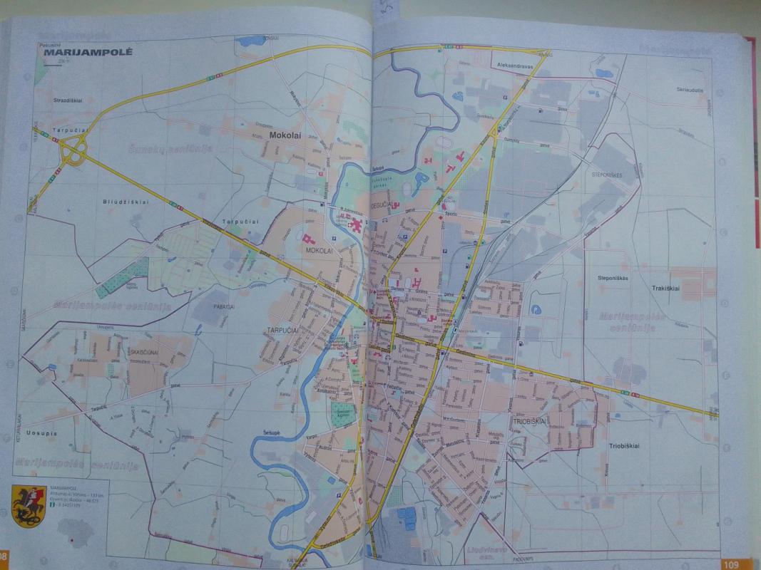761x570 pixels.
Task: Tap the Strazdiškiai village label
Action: click(69, 101)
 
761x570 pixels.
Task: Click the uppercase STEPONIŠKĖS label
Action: click(608, 175)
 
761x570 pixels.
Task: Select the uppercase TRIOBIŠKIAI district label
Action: click(528, 422)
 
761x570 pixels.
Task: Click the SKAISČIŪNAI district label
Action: click(148, 352)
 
